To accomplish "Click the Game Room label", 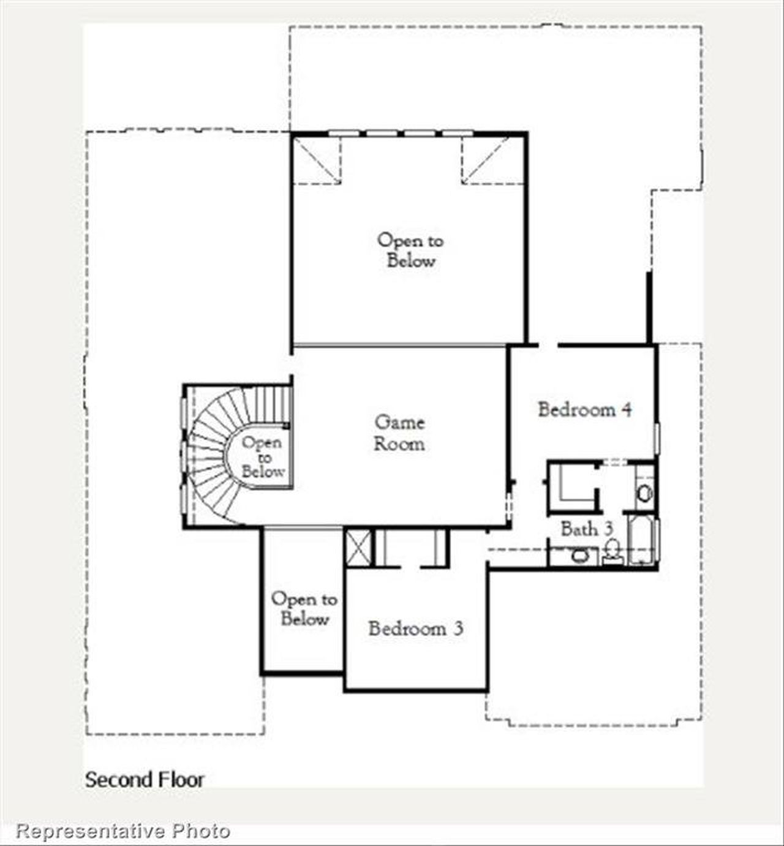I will click(399, 432).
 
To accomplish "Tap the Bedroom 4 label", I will click(584, 409).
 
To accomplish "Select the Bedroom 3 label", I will click(415, 629).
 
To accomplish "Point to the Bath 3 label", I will click(586, 529).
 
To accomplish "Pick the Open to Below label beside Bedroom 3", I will click(304, 608).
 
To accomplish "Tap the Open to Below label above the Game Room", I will click(410, 250).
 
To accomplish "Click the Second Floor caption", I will click(145, 780).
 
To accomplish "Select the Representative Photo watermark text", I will click(123, 831).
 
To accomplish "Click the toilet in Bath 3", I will click(611, 550).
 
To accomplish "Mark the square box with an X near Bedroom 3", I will click(358, 547).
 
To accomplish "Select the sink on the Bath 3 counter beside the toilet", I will click(579, 556).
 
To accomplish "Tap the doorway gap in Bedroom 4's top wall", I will click(548, 346).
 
